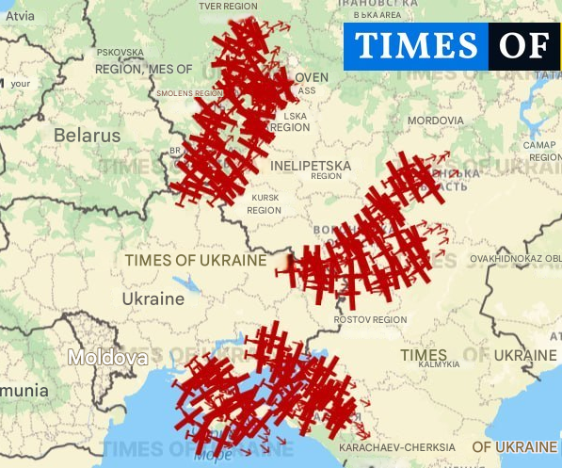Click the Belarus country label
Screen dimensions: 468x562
tap(87, 135)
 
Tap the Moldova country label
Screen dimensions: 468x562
tap(107, 358)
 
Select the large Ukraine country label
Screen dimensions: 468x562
tap(153, 299)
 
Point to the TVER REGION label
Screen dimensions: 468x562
tap(228, 6)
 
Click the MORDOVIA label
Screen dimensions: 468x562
tap(435, 121)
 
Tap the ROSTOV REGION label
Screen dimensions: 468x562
tap(370, 320)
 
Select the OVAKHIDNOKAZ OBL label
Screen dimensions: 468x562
tap(515, 257)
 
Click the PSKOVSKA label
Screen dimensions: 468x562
tap(120, 53)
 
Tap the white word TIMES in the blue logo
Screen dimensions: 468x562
tap(415, 46)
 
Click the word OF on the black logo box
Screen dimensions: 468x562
tap(523, 46)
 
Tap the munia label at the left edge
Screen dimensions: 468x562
tap(24, 389)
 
